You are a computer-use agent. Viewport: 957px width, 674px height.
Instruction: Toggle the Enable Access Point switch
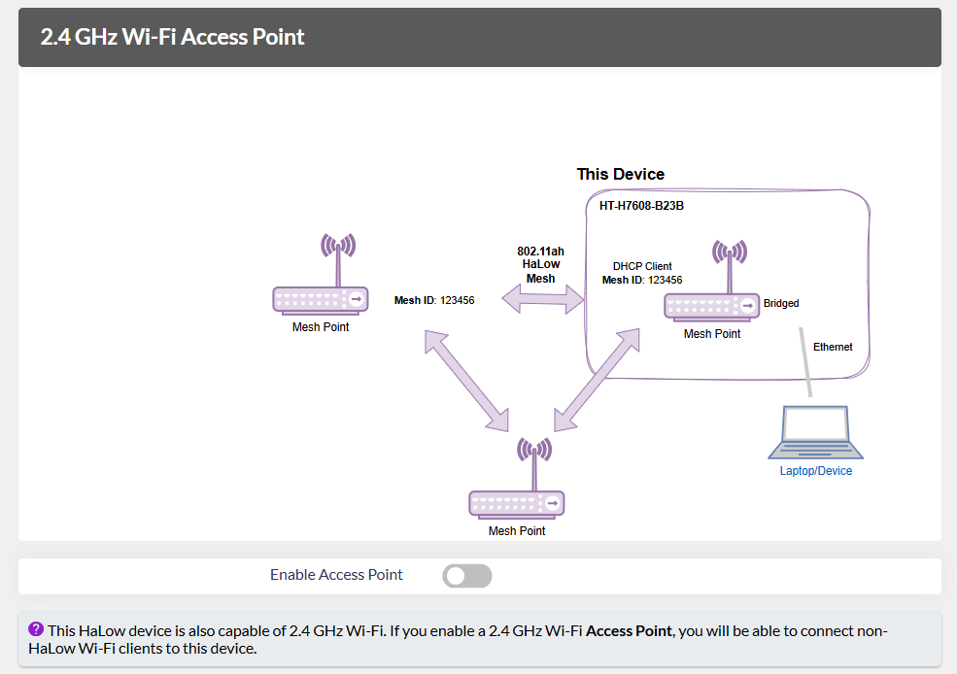coord(467,576)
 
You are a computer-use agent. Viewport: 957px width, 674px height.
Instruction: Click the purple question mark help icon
coord(36,629)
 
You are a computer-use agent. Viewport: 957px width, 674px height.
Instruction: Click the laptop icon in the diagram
coord(815,433)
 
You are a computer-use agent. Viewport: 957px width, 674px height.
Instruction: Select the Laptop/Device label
coord(815,471)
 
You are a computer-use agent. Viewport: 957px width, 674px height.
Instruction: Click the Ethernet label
coord(833,347)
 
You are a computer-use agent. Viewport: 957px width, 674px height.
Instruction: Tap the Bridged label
coord(781,303)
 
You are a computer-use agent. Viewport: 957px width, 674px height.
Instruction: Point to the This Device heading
coord(620,175)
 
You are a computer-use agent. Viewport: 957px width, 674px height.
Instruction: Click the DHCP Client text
coord(642,266)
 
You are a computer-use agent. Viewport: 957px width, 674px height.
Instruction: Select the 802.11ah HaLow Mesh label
coord(540,264)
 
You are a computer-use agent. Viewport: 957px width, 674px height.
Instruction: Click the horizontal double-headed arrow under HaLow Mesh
coord(541,301)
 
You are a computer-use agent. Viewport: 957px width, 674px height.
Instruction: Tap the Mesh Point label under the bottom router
coord(517,531)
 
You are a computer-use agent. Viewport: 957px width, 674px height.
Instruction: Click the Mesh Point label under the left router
coord(321,327)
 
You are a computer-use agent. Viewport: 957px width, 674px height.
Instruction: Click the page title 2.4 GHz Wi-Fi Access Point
coord(172,38)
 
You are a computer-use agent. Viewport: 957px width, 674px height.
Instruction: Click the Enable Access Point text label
coord(336,575)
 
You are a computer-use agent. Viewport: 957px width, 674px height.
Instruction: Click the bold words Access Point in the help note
coord(629,631)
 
